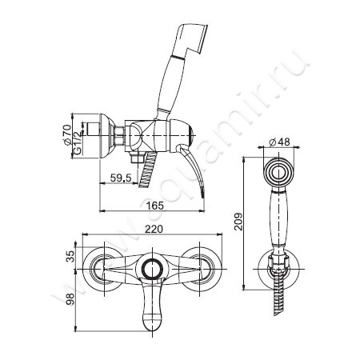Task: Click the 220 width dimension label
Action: (x=154, y=229)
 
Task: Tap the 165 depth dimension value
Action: (x=154, y=206)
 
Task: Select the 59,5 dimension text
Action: (x=121, y=178)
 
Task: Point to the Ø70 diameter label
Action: (x=67, y=134)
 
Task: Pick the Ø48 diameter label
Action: (x=279, y=142)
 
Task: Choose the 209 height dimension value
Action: (x=238, y=222)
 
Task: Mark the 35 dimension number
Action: (x=70, y=256)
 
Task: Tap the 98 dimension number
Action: (x=70, y=299)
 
